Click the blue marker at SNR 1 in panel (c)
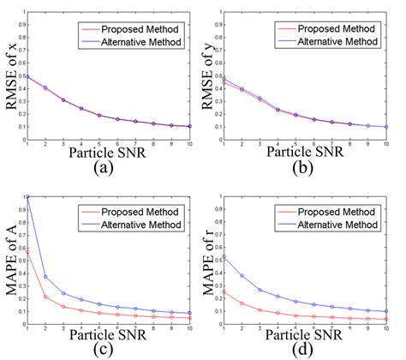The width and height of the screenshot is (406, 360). [x=27, y=197]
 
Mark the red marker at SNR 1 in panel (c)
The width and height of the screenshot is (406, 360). [x=27, y=253]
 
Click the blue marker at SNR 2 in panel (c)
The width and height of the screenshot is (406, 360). [x=45, y=276]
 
